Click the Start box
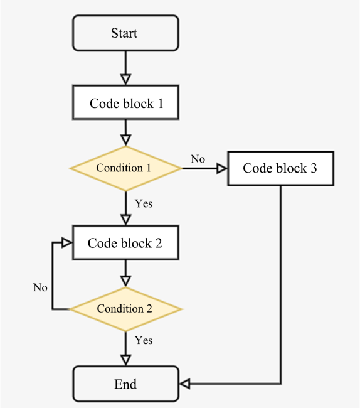click(x=125, y=33)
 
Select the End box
click(x=125, y=384)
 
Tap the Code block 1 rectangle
click(x=125, y=104)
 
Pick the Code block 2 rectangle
click(x=125, y=243)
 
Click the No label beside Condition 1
click(x=198, y=159)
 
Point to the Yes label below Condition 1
click(x=144, y=204)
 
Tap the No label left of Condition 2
click(x=40, y=287)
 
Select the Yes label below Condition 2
click(x=144, y=340)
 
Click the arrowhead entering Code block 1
click(x=125, y=80)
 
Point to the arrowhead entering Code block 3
click(x=221, y=168)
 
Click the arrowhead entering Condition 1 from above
click(x=125, y=140)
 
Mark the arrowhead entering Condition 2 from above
click(x=125, y=281)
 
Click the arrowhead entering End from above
click(x=125, y=360)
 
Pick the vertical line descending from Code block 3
click(x=280, y=282)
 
